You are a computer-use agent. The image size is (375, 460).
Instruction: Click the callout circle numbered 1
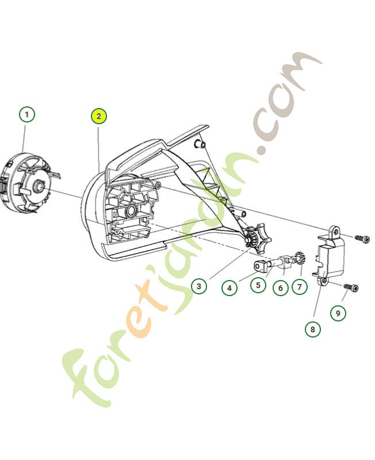coord(26,114)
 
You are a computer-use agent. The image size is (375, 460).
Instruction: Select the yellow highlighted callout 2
coord(98,116)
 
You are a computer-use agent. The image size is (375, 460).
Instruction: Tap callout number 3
coord(198,286)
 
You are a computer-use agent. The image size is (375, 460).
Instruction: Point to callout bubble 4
coord(229,287)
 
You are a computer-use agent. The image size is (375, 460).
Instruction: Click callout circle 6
coord(280,286)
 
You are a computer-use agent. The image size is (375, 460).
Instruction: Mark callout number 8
coord(313,329)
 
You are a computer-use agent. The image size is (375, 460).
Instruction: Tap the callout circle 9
coord(338,313)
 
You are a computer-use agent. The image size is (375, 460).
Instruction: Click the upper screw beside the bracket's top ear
coord(362,237)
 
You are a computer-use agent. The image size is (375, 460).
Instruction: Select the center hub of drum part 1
coord(39,186)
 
